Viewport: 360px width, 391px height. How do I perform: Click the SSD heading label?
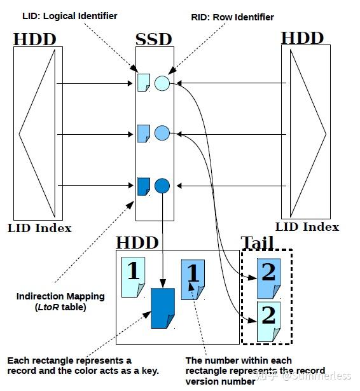tap(154, 39)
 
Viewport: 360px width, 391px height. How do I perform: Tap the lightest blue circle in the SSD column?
tap(162, 83)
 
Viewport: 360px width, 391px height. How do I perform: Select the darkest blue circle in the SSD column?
tap(162, 186)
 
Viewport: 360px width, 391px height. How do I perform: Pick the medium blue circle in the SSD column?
tap(162, 134)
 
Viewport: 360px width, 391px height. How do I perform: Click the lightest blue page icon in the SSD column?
tap(144, 82)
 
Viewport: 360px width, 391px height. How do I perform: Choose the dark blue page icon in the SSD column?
tap(144, 186)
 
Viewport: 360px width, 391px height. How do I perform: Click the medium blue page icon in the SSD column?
tap(144, 134)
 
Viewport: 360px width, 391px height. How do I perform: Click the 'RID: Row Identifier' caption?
tap(233, 17)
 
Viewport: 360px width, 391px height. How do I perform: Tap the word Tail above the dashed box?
tap(257, 242)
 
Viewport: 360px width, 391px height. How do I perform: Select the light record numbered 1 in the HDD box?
tap(134, 277)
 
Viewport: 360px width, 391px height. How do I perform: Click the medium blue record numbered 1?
tap(193, 279)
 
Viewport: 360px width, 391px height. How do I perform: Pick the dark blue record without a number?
tap(162, 308)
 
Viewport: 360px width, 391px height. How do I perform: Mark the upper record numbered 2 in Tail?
tap(267, 278)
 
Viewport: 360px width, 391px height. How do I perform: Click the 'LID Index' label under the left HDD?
tap(39, 228)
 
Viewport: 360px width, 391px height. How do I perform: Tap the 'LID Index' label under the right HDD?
tap(307, 226)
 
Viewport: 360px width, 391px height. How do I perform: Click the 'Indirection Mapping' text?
tap(60, 296)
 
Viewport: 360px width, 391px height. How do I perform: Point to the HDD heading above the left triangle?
tap(35, 39)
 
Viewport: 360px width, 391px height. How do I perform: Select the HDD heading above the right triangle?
tap(303, 38)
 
